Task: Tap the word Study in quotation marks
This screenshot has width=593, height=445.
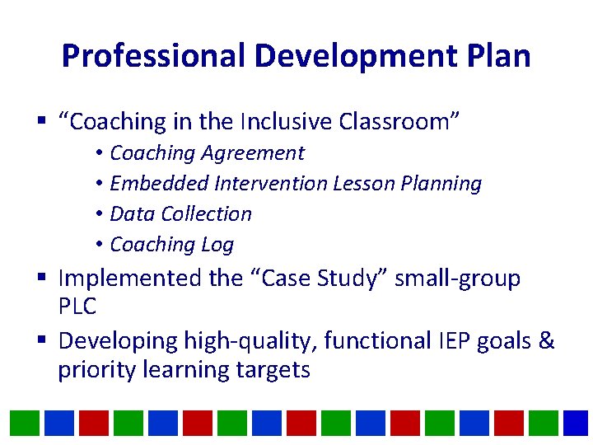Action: pyautogui.click(x=351, y=279)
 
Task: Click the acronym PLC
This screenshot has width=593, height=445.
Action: pyautogui.click(x=77, y=307)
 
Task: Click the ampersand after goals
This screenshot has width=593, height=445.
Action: pyautogui.click(x=546, y=340)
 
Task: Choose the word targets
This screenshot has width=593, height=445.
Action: pyautogui.click(x=270, y=369)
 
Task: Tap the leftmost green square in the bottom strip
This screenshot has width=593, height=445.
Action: pyautogui.click(x=25, y=423)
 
